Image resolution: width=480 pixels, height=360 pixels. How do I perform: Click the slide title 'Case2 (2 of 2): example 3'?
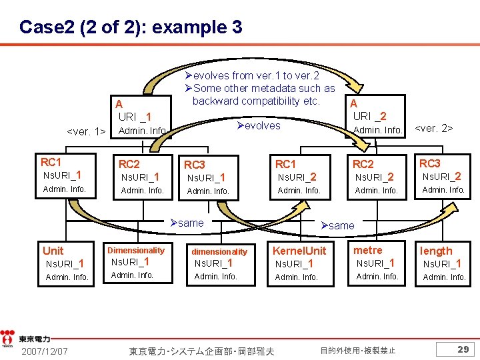pos(131,27)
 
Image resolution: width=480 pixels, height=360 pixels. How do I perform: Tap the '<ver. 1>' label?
pos(87,131)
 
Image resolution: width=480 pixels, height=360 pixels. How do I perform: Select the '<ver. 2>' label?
pos(434,127)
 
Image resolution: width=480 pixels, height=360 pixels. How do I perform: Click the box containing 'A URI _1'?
pos(140,117)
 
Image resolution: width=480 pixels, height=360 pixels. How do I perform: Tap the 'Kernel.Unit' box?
pos(301,263)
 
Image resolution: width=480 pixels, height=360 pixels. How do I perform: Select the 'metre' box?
pos(378,263)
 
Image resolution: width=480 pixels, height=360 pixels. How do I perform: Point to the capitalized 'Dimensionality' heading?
pos(136,251)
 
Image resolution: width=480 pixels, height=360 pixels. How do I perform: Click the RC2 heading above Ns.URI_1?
pos(129,164)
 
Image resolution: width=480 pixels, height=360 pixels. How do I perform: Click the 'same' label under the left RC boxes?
pos(187,223)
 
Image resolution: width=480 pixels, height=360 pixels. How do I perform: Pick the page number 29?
pos(463,349)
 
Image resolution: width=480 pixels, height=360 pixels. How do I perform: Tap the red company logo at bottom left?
pos(7,337)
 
